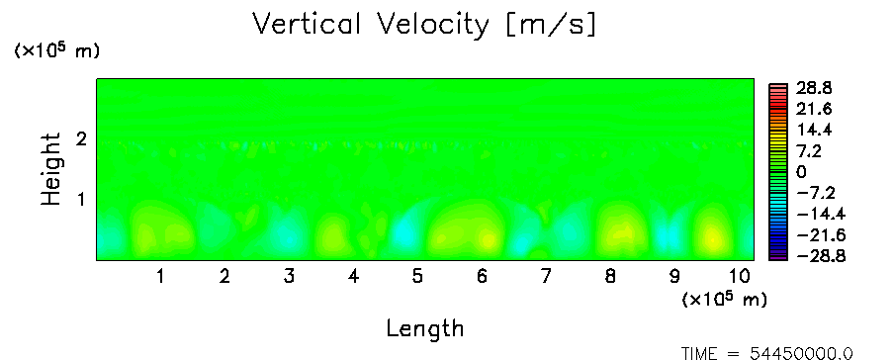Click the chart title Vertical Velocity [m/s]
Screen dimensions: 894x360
424,25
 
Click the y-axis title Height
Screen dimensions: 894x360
50,169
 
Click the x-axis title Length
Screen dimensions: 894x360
425,328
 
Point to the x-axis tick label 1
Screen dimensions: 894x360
161,277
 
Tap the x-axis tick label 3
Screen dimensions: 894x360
289,277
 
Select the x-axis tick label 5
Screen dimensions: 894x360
418,277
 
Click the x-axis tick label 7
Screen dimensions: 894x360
546,277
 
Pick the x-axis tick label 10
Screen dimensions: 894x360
739,277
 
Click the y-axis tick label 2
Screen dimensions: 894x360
81,138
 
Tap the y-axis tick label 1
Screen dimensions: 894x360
81,200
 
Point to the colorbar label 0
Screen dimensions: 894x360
802,172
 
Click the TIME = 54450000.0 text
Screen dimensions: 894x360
767,354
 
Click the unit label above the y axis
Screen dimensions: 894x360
56,50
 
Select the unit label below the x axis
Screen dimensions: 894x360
724,299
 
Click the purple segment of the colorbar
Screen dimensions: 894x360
778,256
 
